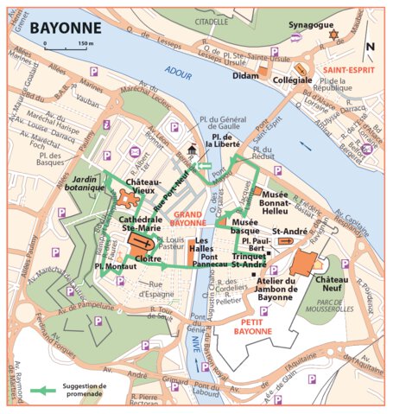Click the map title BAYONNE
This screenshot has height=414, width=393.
click(x=65, y=28)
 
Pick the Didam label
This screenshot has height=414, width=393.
click(x=246, y=76)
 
